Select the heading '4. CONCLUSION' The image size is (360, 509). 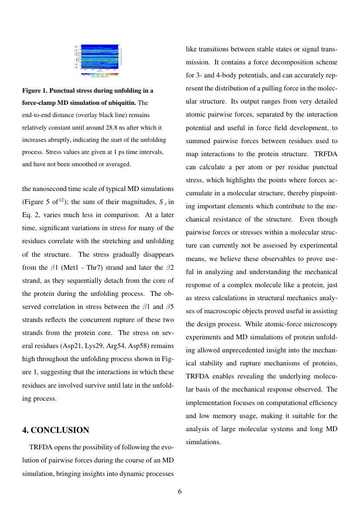coord(56,430)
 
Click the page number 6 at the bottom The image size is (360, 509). coord(180,492)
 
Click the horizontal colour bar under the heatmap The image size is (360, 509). coord(100,74)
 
